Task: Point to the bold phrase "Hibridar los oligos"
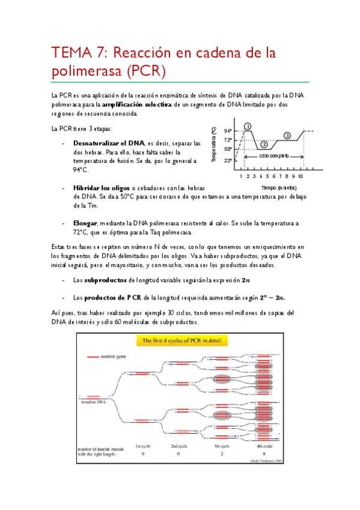(101, 188)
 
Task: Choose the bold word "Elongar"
(85, 223)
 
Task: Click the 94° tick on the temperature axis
(228, 131)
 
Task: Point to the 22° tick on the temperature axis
(228, 161)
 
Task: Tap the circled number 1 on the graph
(248, 126)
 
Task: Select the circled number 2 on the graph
(263, 144)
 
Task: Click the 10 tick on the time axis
(300, 176)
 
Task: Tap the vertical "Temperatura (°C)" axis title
(214, 146)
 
